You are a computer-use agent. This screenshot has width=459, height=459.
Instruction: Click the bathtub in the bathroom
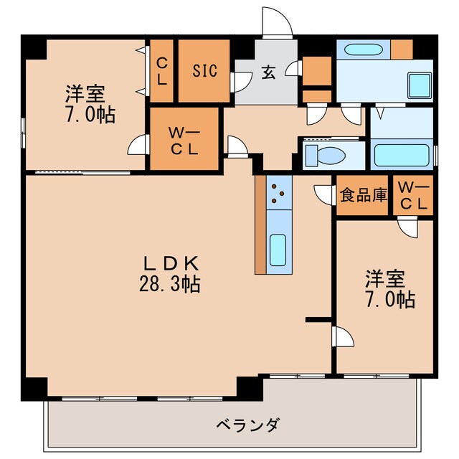click(x=402, y=154)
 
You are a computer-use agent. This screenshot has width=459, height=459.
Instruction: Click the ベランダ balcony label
click(x=247, y=425)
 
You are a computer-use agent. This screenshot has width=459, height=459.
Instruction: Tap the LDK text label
click(x=170, y=262)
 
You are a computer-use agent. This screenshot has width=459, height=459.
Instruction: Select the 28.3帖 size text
click(x=170, y=284)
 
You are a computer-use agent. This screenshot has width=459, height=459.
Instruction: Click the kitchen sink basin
click(x=278, y=249)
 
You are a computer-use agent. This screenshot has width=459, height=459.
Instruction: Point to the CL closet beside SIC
click(x=162, y=70)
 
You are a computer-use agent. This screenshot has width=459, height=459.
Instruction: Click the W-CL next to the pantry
click(x=413, y=195)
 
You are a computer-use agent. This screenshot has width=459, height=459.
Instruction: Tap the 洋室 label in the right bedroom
click(x=385, y=277)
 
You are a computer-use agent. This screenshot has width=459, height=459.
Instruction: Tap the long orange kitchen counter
click(x=260, y=224)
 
